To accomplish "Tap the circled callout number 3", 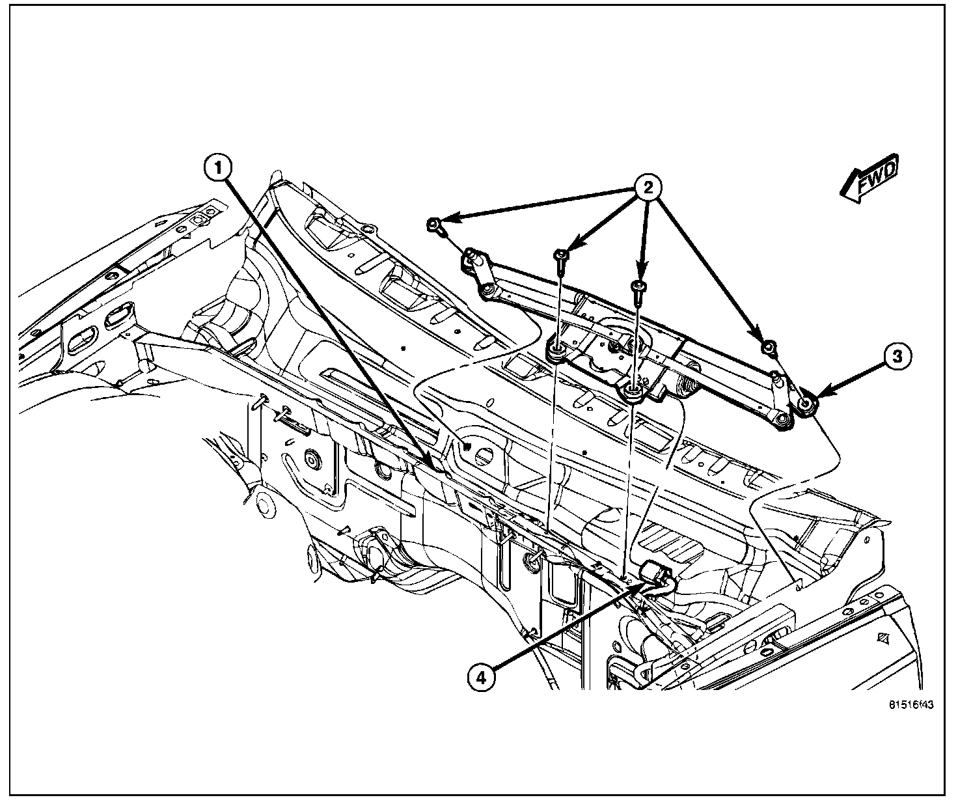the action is coord(896,356).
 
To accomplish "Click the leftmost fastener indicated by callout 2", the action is coord(433,225).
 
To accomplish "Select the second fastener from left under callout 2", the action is coord(560,255).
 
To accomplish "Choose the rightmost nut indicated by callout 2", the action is coord(769,348).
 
